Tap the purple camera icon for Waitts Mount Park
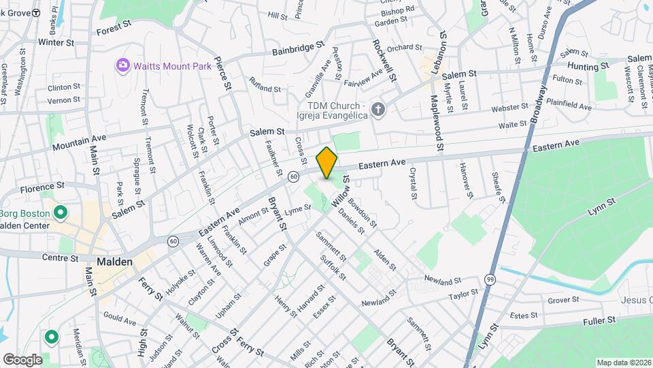[x=123, y=65]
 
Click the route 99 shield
[x=490, y=280]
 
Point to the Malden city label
[x=114, y=262]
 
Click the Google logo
[x=22, y=359]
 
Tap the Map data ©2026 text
[x=623, y=363]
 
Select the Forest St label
[x=113, y=27]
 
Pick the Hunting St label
[x=588, y=66]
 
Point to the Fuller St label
[x=599, y=319]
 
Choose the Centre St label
[x=61, y=258]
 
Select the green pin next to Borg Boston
[x=60, y=213]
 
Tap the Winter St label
[x=56, y=42]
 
